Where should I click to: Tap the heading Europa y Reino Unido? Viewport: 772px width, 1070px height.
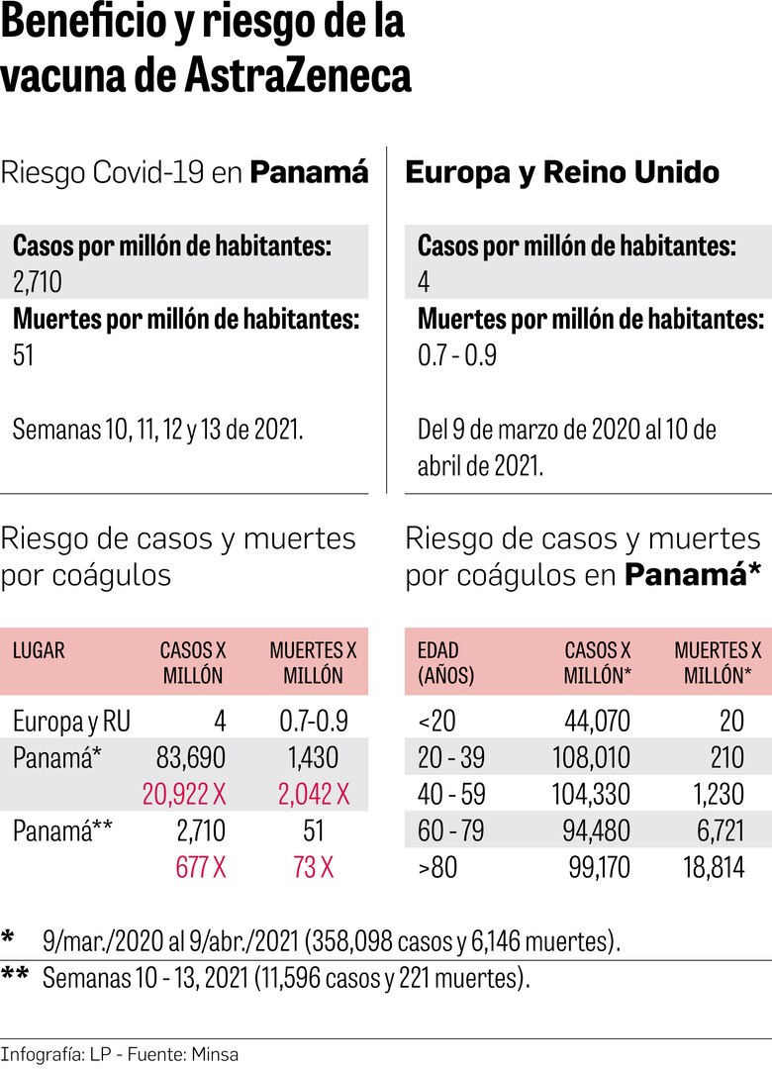[x=562, y=172]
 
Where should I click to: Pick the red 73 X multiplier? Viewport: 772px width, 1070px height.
[x=314, y=867]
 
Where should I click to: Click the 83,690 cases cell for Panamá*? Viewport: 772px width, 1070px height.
[x=191, y=757]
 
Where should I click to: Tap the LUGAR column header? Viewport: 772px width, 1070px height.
[x=39, y=650]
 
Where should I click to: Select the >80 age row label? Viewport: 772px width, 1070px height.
[x=436, y=867]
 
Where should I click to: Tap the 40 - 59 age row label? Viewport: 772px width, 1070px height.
[x=450, y=794]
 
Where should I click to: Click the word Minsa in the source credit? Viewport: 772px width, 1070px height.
[x=216, y=1054]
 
